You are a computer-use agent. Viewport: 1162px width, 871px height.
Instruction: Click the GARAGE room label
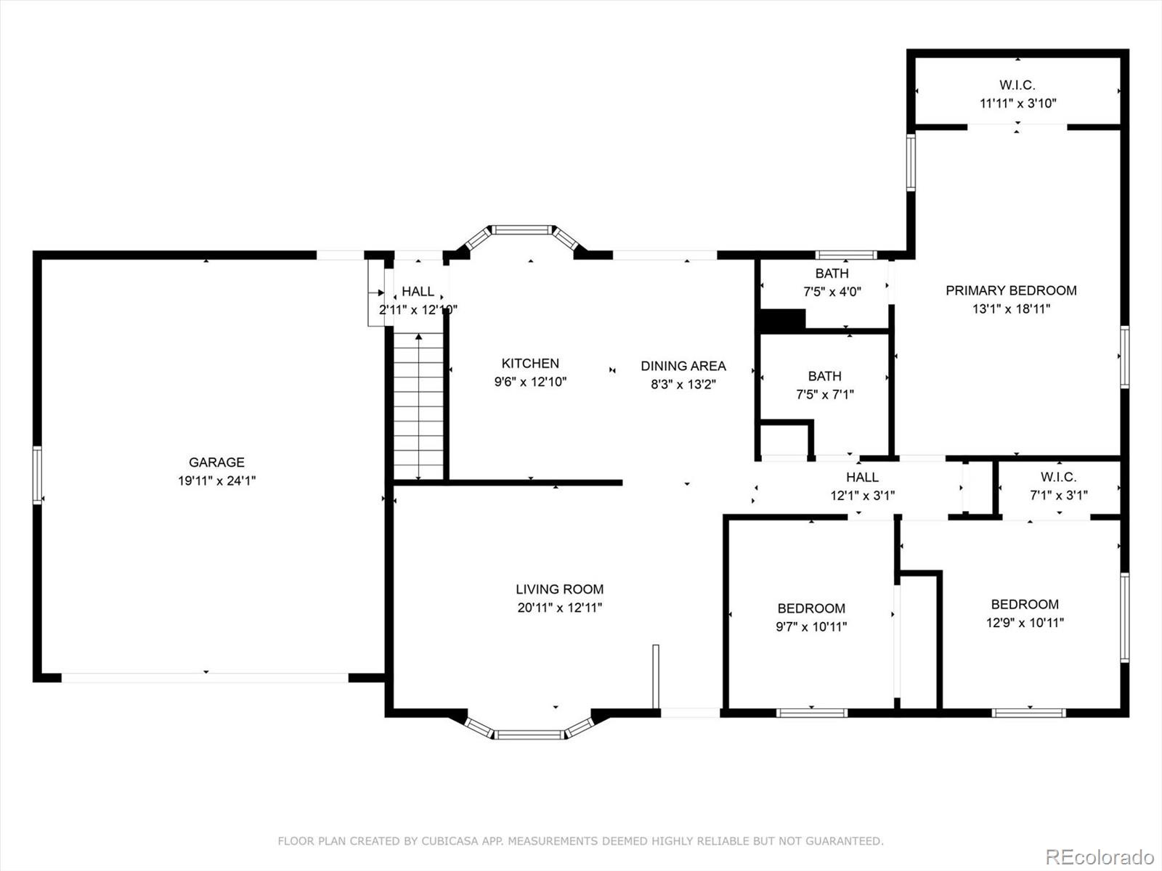pyautogui.click(x=216, y=462)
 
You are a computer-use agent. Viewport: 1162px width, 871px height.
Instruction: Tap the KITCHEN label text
pyautogui.click(x=530, y=364)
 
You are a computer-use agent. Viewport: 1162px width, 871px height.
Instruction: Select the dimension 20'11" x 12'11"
pyautogui.click(x=559, y=608)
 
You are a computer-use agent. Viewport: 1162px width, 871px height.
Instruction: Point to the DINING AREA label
pyautogui.click(x=683, y=366)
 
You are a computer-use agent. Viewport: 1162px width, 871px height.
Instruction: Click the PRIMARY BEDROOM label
pyautogui.click(x=1011, y=290)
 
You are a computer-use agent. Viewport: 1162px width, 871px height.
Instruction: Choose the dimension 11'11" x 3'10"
pyautogui.click(x=1018, y=103)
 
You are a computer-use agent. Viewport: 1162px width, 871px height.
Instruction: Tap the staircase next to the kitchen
pyautogui.click(x=418, y=406)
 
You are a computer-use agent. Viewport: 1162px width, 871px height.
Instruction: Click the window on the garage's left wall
pyautogui.click(x=37, y=475)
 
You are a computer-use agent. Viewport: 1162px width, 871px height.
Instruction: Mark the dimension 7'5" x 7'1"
pyautogui.click(x=825, y=394)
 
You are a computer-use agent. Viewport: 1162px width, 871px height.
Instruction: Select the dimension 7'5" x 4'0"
pyautogui.click(x=832, y=291)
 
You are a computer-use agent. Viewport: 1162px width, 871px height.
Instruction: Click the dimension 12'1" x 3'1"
pyautogui.click(x=862, y=496)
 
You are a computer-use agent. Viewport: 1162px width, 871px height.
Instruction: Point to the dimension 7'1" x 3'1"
pyautogui.click(x=1059, y=495)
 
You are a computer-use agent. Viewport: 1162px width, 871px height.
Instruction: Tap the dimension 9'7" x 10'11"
pyautogui.click(x=811, y=626)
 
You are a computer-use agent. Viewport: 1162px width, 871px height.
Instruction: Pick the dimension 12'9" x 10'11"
pyautogui.click(x=1025, y=623)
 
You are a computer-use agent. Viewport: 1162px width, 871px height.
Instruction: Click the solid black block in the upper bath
pyautogui.click(x=782, y=320)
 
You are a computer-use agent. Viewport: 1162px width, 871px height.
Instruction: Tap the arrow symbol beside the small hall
pyautogui.click(x=379, y=293)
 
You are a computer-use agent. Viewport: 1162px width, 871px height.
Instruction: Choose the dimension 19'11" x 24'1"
pyautogui.click(x=216, y=481)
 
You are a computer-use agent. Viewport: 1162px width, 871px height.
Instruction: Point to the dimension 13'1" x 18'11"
pyautogui.click(x=1011, y=309)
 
